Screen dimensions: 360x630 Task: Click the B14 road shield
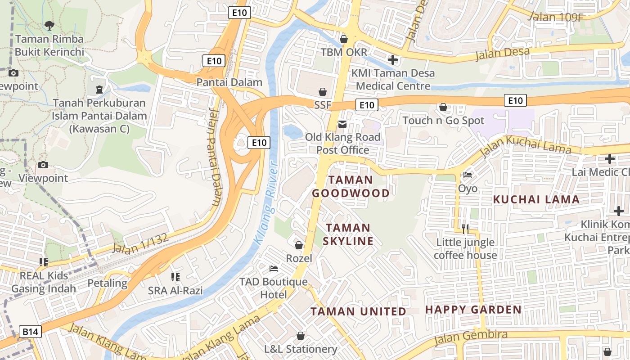tap(31, 332)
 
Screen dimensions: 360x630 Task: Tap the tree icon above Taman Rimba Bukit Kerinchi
tap(49, 26)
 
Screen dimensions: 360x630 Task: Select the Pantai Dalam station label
tap(229, 82)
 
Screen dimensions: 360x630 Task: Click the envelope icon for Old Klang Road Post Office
tap(342, 124)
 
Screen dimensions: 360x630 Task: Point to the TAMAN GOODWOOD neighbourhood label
tap(351, 187)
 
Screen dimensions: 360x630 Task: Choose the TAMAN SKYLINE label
tap(348, 234)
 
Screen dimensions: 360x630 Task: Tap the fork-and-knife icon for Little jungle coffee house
tap(465, 229)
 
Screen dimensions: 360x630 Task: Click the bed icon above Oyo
tap(468, 175)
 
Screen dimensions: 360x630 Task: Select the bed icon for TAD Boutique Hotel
tap(273, 269)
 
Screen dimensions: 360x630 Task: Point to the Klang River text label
tap(267, 202)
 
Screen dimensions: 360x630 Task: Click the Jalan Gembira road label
tap(471, 338)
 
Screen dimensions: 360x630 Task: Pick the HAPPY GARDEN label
tap(473, 310)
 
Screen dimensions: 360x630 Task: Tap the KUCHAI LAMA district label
tap(536, 199)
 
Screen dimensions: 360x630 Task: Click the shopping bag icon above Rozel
tap(298, 245)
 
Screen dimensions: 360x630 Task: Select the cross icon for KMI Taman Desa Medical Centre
tap(393, 59)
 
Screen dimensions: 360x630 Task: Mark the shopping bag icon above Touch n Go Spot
tap(443, 107)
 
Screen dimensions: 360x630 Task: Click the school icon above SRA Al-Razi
tap(175, 277)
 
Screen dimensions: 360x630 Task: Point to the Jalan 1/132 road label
tap(140, 243)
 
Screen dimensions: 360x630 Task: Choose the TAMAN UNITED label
tap(358, 311)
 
